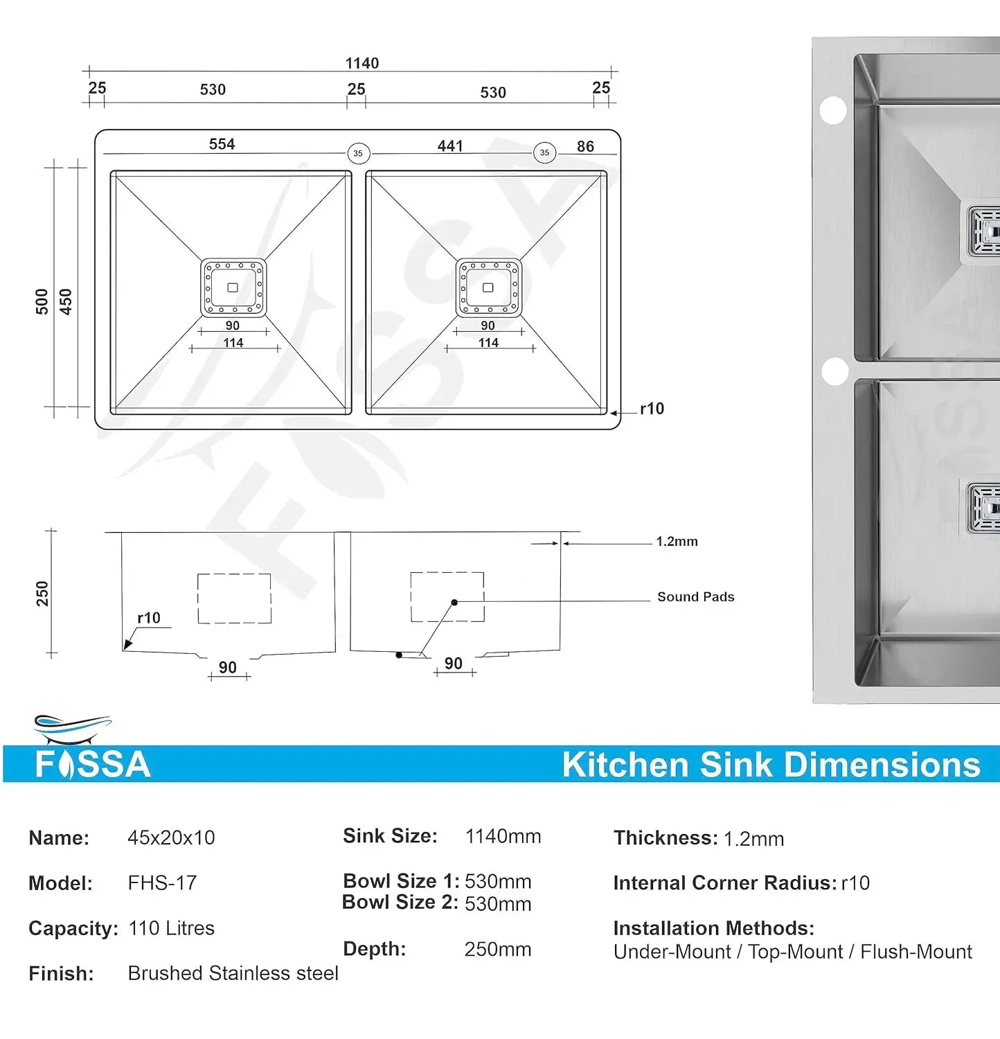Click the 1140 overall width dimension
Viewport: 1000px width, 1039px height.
click(x=361, y=63)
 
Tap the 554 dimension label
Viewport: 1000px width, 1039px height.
click(x=222, y=144)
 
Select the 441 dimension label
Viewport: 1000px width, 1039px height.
click(x=450, y=146)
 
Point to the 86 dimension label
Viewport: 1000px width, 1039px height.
click(x=585, y=146)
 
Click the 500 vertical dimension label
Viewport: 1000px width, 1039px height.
click(x=42, y=301)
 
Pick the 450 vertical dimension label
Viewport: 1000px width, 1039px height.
click(x=66, y=301)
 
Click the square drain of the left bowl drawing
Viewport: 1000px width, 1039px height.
click(x=233, y=287)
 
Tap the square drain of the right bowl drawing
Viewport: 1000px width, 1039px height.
click(x=488, y=287)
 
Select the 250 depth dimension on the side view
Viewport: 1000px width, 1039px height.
click(x=42, y=594)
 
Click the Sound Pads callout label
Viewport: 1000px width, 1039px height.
click(x=695, y=597)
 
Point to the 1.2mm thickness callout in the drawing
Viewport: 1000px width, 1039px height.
click(x=677, y=542)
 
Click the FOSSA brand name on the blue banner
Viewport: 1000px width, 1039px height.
click(x=93, y=765)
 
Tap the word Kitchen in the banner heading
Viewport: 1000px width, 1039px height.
click(x=625, y=765)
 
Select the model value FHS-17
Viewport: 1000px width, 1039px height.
click(x=162, y=883)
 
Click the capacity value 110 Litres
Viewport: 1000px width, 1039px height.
click(x=172, y=928)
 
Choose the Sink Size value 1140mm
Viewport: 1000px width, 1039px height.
click(x=503, y=837)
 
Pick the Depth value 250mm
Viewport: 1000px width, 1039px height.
click(x=498, y=949)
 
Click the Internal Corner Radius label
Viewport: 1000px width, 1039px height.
click(x=724, y=883)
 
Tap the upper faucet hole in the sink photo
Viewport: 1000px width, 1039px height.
click(x=833, y=110)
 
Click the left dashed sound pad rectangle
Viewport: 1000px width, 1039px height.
click(x=234, y=598)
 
